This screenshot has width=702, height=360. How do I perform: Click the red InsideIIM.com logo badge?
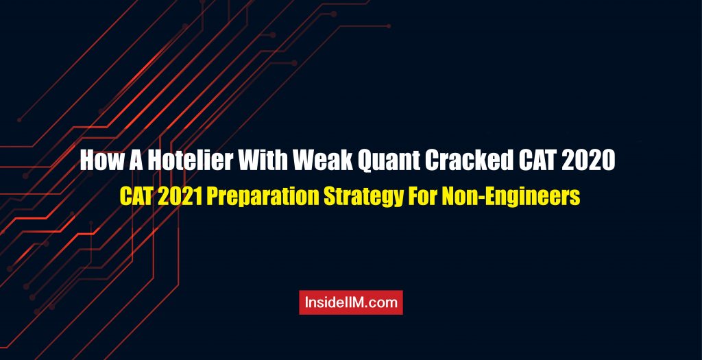click(351, 302)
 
